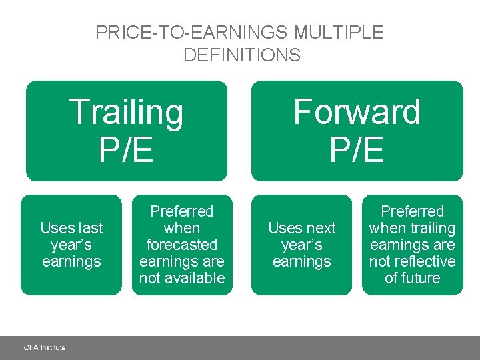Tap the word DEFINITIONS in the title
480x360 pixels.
click(x=242, y=55)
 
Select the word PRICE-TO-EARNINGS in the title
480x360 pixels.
click(x=190, y=32)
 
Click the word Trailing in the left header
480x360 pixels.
click(x=126, y=112)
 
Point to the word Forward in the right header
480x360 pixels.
click(x=357, y=112)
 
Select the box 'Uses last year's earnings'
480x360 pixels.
click(x=71, y=245)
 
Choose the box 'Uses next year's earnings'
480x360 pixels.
click(x=301, y=245)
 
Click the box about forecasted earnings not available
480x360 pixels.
click(x=182, y=245)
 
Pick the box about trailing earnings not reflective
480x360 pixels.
click(x=412, y=245)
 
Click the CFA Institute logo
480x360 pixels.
click(x=45, y=347)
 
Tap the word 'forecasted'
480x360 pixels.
click(x=182, y=245)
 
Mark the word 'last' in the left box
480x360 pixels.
click(x=90, y=228)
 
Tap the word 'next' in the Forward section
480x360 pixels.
click(x=320, y=228)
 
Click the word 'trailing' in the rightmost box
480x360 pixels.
click(x=433, y=228)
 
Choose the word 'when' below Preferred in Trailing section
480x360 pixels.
click(x=182, y=228)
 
